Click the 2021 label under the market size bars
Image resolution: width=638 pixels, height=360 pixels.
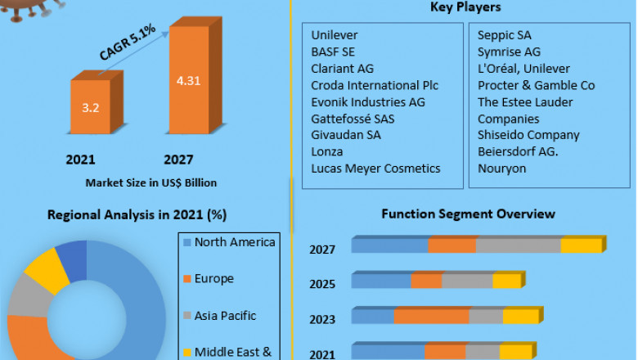click(81, 160)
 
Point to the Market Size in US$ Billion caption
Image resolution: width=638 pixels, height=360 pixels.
click(151, 182)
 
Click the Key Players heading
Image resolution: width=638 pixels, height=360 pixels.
click(465, 7)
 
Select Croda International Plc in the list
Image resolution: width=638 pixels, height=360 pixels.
click(375, 85)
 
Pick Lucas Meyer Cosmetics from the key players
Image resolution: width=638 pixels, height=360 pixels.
click(375, 168)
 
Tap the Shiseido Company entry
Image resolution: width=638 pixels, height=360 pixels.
click(528, 135)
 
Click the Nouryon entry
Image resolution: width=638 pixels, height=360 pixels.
click(502, 168)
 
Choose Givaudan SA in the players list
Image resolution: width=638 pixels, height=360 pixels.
click(345, 135)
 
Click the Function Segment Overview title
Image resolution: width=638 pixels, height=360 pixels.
click(468, 214)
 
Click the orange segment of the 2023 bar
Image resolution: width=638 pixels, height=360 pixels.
click(431, 317)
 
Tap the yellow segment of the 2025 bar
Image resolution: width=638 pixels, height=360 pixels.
click(506, 281)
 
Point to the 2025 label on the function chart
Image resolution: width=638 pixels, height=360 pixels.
click(322, 284)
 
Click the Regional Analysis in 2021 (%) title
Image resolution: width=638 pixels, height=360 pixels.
click(137, 215)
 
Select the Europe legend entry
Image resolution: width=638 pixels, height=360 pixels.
click(213, 279)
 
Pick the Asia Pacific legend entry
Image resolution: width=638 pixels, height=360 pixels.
click(225, 316)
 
